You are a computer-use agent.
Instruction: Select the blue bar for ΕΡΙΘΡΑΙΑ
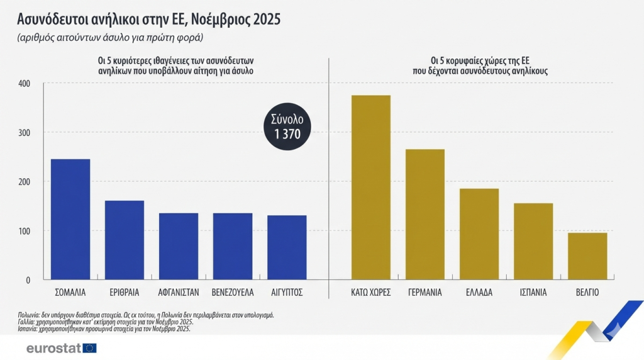125,240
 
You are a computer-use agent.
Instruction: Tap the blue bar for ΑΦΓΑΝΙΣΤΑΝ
179,246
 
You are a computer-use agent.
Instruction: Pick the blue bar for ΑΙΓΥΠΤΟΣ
287,247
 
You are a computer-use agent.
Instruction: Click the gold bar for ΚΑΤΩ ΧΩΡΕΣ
371,187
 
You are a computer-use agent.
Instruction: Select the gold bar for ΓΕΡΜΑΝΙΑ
425,214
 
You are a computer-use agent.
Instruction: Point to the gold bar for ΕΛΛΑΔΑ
479,233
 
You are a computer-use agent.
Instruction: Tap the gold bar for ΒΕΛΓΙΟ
587,256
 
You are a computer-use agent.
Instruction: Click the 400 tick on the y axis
24,83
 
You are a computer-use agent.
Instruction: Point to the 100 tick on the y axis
24,230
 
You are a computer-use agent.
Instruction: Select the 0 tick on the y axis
28,279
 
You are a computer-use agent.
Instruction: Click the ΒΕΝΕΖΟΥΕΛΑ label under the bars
233,293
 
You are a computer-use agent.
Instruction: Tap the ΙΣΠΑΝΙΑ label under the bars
533,293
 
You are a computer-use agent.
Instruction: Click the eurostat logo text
53,348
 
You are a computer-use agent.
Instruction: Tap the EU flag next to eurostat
89,348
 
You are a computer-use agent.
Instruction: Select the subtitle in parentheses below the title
111,38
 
